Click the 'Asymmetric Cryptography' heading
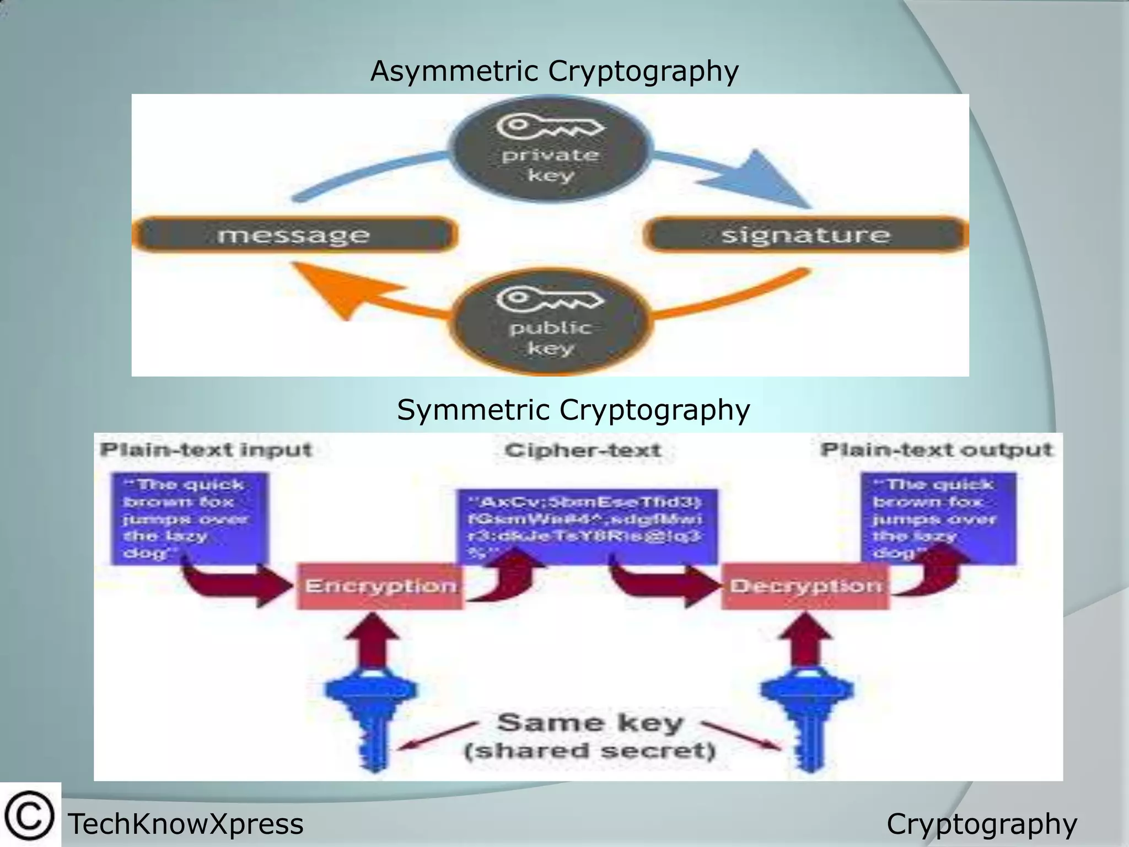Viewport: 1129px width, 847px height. tap(554, 72)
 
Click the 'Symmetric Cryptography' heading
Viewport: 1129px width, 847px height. tap(573, 410)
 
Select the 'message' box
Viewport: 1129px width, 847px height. tap(294, 235)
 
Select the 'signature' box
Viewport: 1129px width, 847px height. tap(805, 235)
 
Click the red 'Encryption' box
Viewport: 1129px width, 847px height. tap(380, 586)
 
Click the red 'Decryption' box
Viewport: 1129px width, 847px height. tap(805, 586)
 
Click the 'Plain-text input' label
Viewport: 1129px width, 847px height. tap(206, 450)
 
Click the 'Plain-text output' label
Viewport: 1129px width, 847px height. tap(936, 450)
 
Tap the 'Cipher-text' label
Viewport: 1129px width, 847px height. tap(583, 451)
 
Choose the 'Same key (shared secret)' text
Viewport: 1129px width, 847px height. tap(590, 737)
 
